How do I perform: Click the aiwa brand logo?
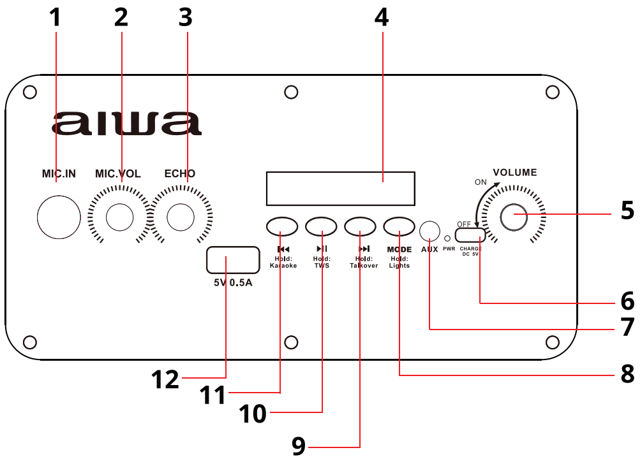(126, 124)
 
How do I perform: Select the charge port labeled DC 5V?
(470, 236)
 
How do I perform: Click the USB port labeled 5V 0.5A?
(227, 260)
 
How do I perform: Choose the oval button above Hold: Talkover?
(361, 226)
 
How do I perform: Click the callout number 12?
(166, 380)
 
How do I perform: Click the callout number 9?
(299, 446)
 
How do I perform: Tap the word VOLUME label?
(514, 172)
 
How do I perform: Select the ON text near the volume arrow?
(481, 182)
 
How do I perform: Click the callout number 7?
(627, 328)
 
